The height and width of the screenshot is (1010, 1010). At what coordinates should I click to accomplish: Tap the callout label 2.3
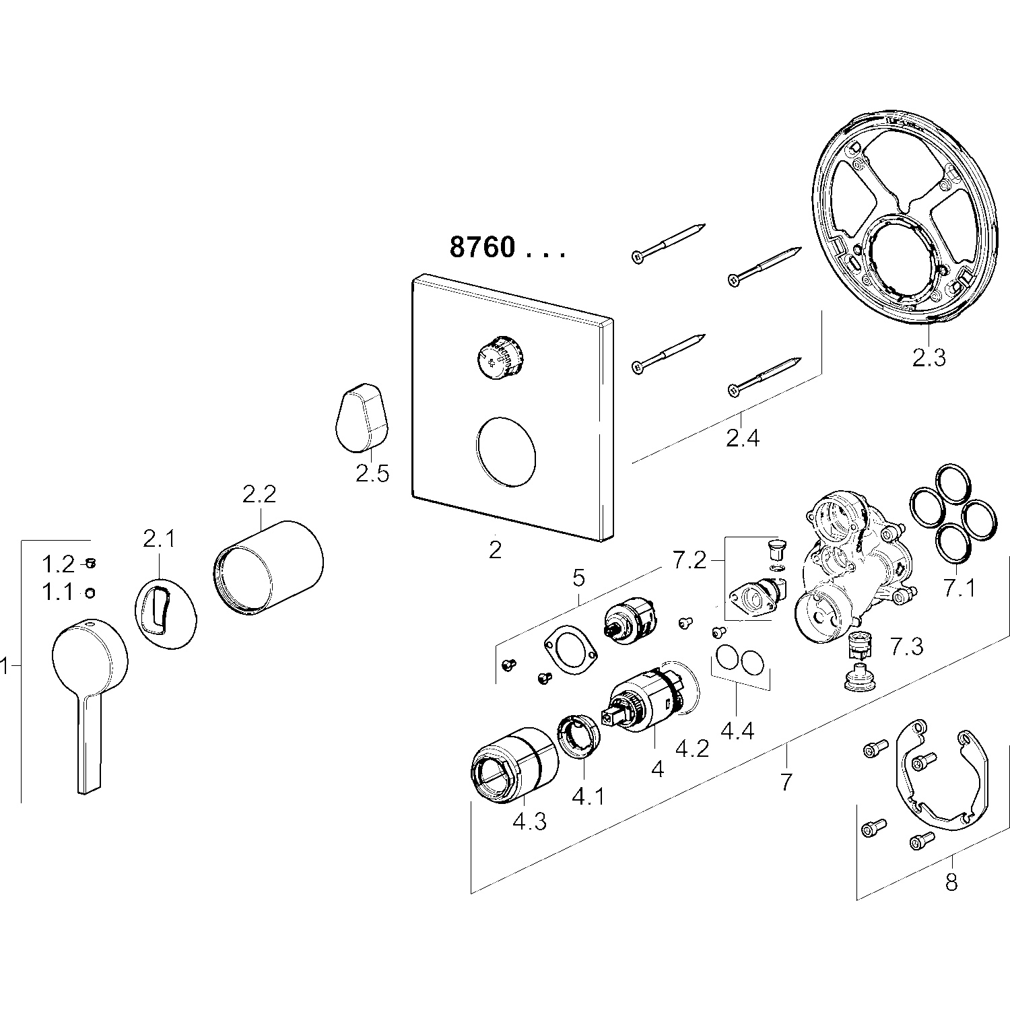[929, 358]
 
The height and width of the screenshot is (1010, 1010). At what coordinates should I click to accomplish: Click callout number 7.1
[959, 588]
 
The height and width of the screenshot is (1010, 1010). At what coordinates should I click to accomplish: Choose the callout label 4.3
[529, 821]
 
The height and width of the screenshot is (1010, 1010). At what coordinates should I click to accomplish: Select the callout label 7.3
[906, 646]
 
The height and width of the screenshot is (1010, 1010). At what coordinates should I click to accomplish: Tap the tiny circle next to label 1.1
[90, 593]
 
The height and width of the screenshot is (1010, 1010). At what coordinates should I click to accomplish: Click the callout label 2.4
[743, 438]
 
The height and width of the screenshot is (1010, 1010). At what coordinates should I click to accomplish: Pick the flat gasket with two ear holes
[572, 650]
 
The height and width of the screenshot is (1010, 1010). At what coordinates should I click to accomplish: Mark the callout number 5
[579, 577]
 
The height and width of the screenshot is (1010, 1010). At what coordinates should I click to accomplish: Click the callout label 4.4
[737, 730]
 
